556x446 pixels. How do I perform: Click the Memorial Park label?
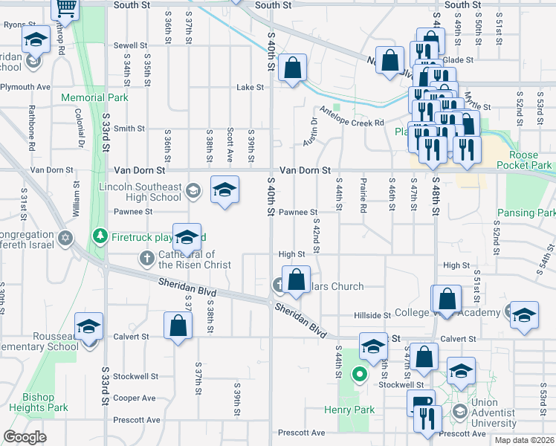pyautogui.click(x=95, y=97)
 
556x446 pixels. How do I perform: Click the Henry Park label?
pyautogui.click(x=349, y=410)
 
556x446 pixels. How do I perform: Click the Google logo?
pyautogui.click(x=25, y=437)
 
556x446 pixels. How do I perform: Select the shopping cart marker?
pyautogui.click(x=65, y=8)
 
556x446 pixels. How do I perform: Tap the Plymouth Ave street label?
pyautogui.click(x=25, y=87)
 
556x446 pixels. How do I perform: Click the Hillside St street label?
pyautogui.click(x=372, y=316)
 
